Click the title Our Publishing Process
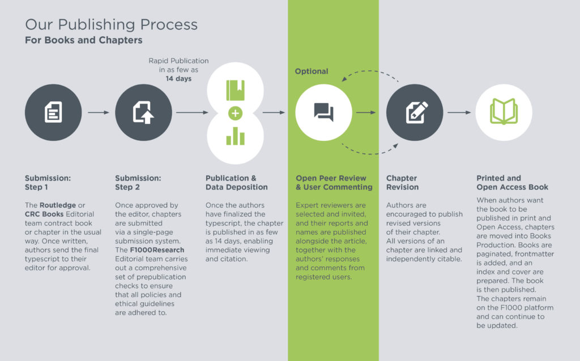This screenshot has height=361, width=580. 112,25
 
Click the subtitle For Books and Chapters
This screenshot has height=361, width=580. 84,40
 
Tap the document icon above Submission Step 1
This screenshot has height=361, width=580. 53,112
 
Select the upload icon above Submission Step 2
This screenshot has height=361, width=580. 143,113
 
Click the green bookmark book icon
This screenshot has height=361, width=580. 235,90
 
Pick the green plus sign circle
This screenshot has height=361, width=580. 235,113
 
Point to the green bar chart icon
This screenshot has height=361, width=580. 235,136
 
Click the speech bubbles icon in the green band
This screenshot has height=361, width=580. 323,112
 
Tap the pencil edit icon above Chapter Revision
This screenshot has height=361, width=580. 417,112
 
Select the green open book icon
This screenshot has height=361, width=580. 504,111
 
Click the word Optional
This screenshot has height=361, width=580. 312,71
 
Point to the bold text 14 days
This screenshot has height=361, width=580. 178,79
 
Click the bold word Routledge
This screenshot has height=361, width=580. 58,205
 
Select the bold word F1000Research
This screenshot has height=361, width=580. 157,250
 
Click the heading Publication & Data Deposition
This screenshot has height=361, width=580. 237,183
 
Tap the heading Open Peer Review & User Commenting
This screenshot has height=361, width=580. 334,183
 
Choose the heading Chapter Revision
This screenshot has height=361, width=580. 403,183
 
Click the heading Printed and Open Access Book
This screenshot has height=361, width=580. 512,183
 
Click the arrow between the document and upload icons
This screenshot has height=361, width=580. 99,113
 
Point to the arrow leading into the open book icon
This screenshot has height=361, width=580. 459,113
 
